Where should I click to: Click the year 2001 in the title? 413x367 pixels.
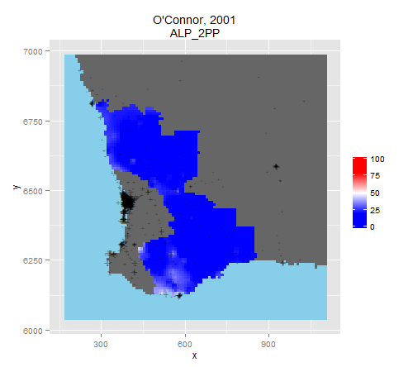tap(222, 20)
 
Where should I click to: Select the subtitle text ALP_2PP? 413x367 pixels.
tap(195, 34)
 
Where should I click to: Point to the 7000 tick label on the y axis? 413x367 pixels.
tap(33, 51)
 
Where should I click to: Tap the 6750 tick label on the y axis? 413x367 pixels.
tap(33, 122)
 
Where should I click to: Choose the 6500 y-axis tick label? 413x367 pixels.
tap(33, 191)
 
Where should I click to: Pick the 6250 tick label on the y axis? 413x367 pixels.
tap(33, 260)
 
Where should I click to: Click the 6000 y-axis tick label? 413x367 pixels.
tap(33, 331)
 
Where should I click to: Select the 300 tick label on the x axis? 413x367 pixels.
tap(101, 345)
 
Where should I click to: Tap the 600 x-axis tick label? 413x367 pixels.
tap(185, 345)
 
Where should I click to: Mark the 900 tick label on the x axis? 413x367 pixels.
tap(268, 345)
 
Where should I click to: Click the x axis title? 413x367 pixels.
tap(194, 356)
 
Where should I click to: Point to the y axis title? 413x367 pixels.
tap(17, 187)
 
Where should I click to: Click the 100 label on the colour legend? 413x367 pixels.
tap(377, 159)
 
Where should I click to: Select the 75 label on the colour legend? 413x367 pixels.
tap(375, 176)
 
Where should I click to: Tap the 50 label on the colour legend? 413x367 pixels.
tap(375, 193)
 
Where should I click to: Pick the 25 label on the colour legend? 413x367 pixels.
tap(375, 210)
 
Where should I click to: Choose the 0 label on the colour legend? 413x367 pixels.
tap(373, 226)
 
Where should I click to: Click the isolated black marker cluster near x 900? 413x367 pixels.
tap(276, 166)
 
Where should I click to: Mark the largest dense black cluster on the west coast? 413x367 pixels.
tap(127, 201)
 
